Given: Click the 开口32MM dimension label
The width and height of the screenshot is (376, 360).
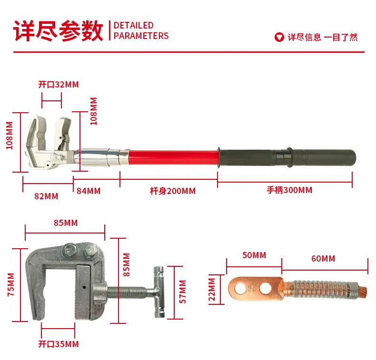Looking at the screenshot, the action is tap(59, 85).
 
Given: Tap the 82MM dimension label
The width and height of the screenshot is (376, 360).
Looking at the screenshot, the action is tap(46, 196).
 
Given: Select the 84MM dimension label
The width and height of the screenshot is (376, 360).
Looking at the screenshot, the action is tap(89, 191).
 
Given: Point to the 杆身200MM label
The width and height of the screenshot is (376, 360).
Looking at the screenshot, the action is tap(173, 191).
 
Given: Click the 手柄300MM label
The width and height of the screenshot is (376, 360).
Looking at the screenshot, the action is tap(289, 190).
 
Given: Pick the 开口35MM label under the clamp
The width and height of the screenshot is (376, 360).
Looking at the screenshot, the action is tap(59, 344).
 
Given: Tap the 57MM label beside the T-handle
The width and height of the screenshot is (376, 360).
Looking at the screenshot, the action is tap(183, 292).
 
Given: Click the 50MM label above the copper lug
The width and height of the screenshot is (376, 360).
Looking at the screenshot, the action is tap(254, 255).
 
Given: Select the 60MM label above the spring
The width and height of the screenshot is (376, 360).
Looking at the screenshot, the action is tap(323, 259).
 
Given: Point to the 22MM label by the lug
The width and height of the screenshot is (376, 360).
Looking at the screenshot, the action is tap(212, 289).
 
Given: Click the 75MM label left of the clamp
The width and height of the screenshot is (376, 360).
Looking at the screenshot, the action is tap(11, 284).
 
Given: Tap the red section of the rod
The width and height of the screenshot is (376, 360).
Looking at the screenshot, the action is tap(174, 157).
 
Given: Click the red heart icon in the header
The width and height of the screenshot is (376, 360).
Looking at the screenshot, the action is tap(279, 37).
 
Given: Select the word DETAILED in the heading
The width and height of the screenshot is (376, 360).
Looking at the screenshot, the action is tap(134, 25).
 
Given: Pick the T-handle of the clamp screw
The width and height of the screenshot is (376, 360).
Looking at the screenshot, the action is tap(159, 292).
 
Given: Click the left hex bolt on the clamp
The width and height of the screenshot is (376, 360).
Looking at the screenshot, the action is tap(69, 251).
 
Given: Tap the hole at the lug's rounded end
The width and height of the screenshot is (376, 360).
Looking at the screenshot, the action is tap(240, 288).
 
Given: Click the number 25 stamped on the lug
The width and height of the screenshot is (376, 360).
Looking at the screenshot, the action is tap(252, 288).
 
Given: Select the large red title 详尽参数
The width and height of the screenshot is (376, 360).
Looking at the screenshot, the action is tap(58, 31).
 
